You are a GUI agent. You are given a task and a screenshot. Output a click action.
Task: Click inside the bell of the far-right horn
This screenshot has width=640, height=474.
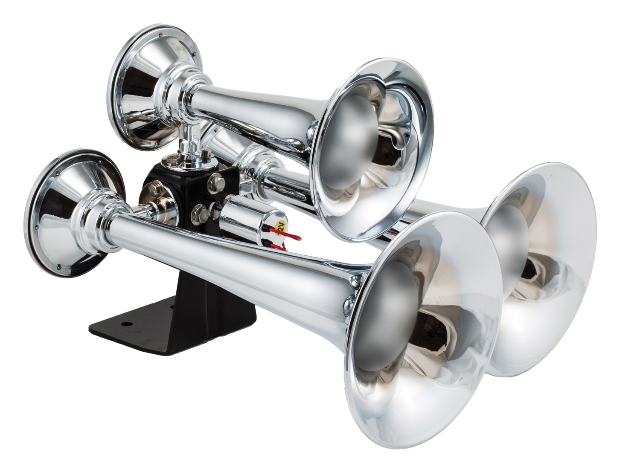pos(542,264)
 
